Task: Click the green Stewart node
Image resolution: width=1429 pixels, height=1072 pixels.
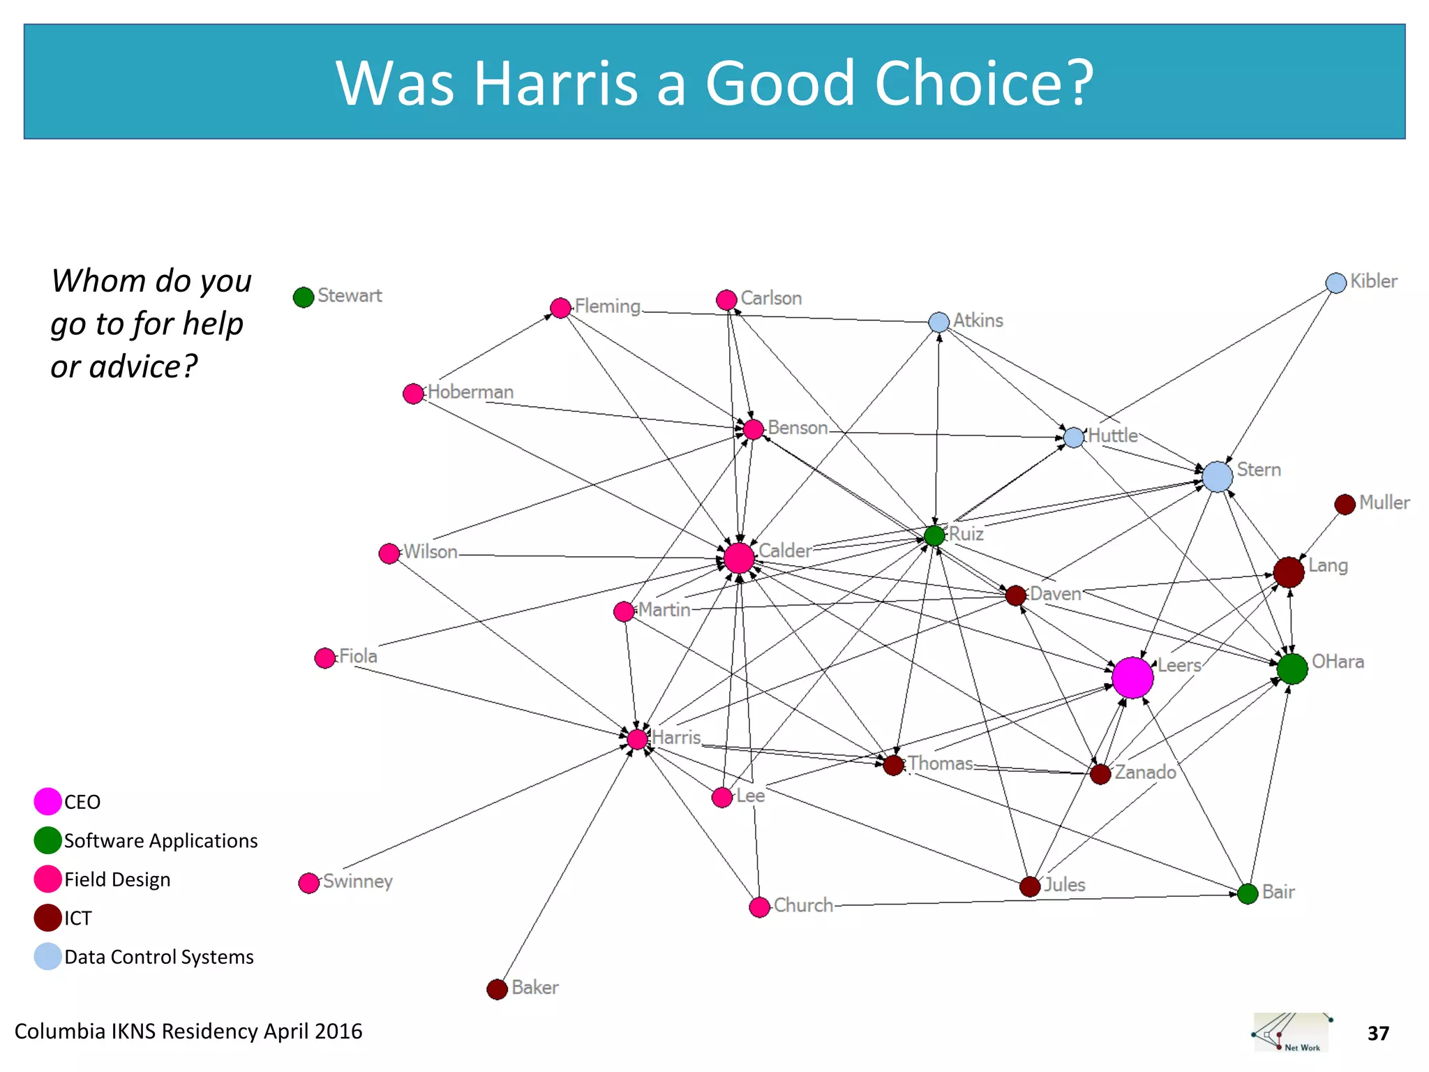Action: (x=304, y=297)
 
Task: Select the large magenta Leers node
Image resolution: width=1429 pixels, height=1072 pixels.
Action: (x=1132, y=677)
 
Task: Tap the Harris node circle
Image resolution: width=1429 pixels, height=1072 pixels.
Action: (x=637, y=739)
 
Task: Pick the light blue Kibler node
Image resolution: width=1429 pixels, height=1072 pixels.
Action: (x=1336, y=283)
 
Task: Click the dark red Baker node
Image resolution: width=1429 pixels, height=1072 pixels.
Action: (x=497, y=989)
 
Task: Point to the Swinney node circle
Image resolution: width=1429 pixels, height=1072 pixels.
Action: (x=308, y=883)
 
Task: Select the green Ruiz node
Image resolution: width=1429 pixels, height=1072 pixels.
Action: (x=934, y=535)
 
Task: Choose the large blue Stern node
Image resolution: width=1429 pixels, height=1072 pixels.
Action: (x=1217, y=477)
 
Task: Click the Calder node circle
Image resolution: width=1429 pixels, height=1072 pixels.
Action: (x=739, y=558)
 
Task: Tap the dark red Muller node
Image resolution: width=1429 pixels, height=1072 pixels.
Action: (x=1345, y=504)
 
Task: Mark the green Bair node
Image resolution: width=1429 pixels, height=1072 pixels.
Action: (x=1248, y=893)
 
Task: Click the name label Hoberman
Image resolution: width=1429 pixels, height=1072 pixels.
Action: (x=470, y=392)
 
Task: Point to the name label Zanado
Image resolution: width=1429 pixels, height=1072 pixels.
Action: (x=1145, y=772)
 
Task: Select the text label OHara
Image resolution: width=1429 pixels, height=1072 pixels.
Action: (x=1338, y=662)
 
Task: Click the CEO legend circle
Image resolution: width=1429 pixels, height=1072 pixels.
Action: (x=47, y=802)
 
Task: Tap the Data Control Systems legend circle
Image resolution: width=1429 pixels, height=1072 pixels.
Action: (x=47, y=957)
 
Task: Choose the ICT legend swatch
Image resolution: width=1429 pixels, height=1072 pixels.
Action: (x=47, y=918)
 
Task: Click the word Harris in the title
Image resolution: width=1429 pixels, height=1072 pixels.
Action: (x=555, y=83)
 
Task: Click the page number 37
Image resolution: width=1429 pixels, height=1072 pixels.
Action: (x=1378, y=1033)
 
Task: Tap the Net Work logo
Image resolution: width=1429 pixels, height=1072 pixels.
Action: (x=1291, y=1032)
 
